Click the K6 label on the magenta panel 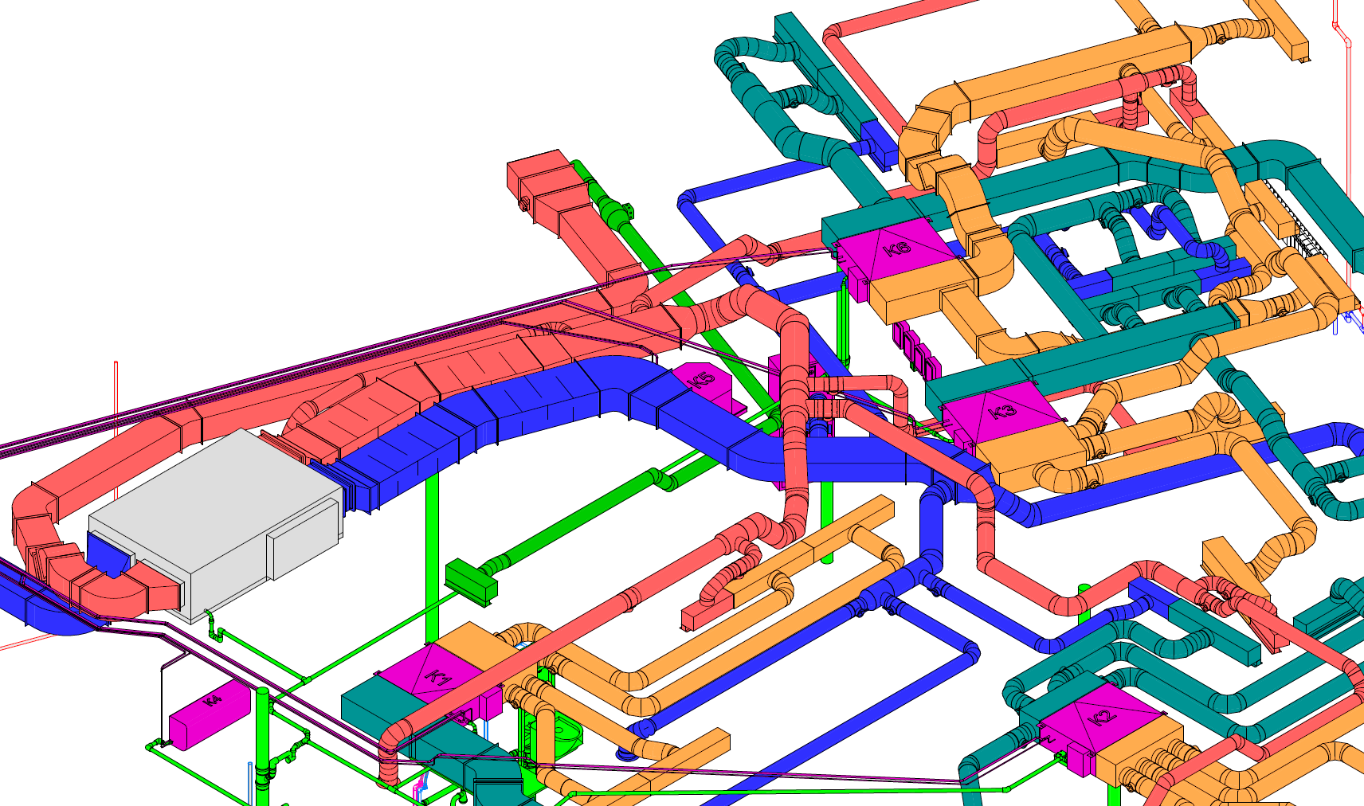pyautogui.click(x=898, y=248)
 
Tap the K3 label pyautogui.click(x=1001, y=412)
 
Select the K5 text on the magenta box pyautogui.click(x=702, y=381)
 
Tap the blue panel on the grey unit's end pyautogui.click(x=108, y=551)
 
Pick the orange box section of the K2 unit pyautogui.click(x=1139, y=749)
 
